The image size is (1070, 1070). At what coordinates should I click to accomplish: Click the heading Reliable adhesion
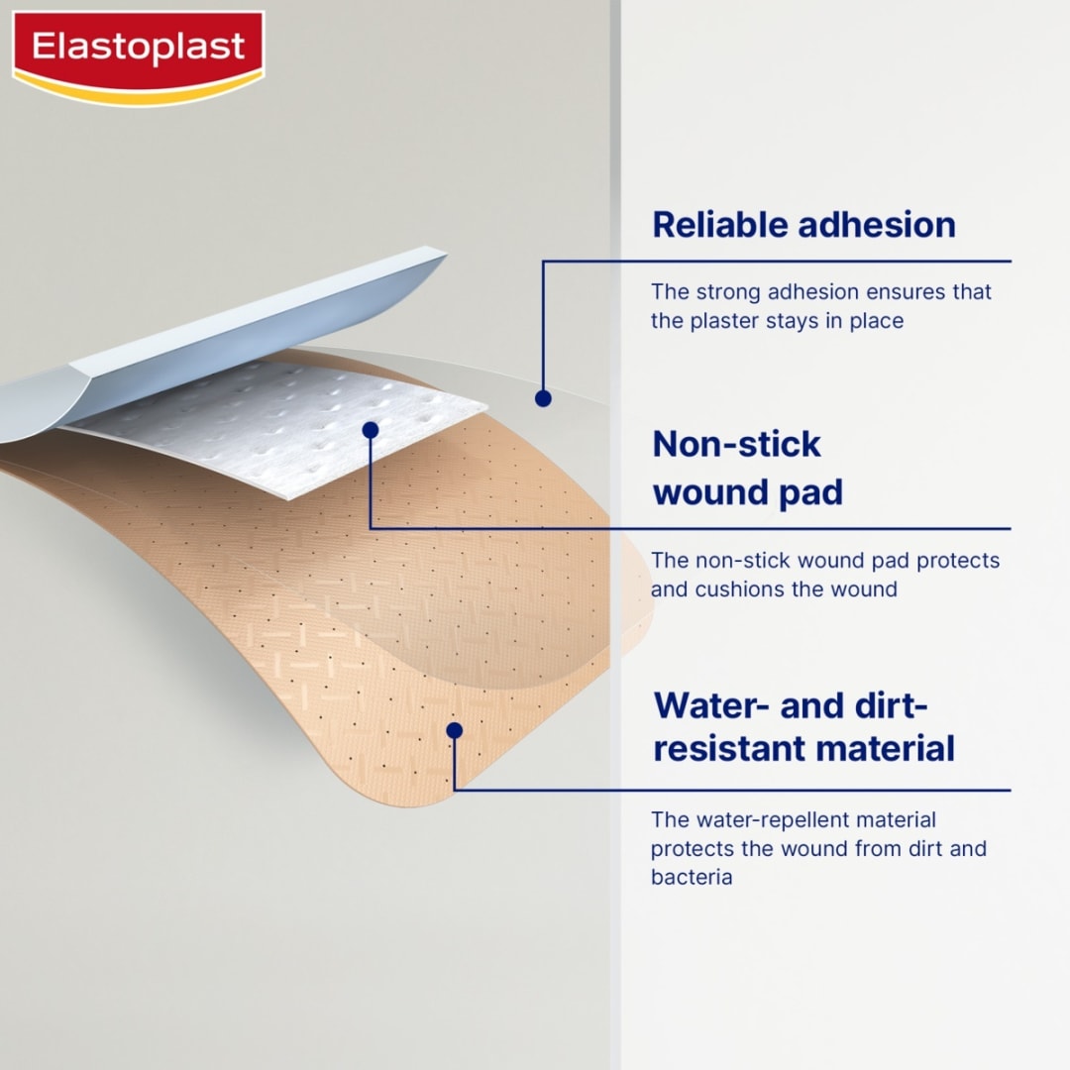(x=803, y=225)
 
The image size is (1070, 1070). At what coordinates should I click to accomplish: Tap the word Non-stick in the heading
(x=736, y=444)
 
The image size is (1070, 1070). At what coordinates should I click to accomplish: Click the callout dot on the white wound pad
(x=371, y=430)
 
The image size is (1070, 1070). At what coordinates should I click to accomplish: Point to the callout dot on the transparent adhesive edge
(x=542, y=398)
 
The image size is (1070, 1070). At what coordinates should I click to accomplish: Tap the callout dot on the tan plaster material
(x=454, y=730)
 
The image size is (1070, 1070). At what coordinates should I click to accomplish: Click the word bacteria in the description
(x=691, y=878)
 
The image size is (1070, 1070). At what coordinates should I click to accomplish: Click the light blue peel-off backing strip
(x=248, y=327)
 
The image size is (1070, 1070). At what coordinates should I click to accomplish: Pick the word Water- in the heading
(x=711, y=706)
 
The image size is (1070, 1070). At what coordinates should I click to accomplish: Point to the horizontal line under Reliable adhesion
(x=793, y=262)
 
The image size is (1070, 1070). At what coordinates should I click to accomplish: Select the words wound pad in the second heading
(x=748, y=492)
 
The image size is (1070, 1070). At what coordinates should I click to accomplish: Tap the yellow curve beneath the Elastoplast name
(x=138, y=96)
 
